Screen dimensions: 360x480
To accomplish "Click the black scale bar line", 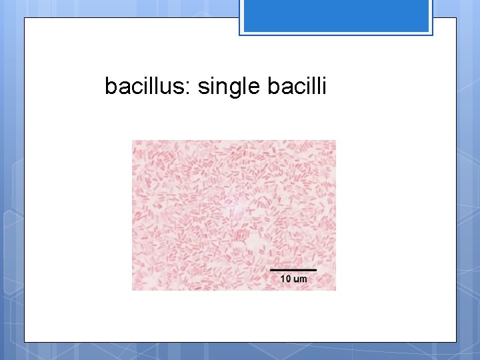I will pyautogui.click(x=293, y=270).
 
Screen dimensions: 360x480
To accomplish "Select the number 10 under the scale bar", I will pyautogui.click(x=285, y=279).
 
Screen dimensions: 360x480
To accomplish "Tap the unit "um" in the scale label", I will pyautogui.click(x=300, y=279).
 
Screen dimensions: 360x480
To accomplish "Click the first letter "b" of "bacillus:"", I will pyautogui.click(x=110, y=86).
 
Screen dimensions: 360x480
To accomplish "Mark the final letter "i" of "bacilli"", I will pyautogui.click(x=324, y=86).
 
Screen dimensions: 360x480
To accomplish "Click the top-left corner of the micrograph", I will pyautogui.click(x=133, y=141).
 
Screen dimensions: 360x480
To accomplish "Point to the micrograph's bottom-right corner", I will pyautogui.click(x=335, y=290).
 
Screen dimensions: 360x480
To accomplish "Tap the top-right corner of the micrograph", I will pyautogui.click(x=335, y=141).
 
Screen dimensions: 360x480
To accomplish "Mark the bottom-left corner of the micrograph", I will pyautogui.click(x=133, y=290).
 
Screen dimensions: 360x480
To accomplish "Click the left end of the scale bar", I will pyautogui.click(x=271, y=270).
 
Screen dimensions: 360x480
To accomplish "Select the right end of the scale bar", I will pyautogui.click(x=315, y=270).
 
